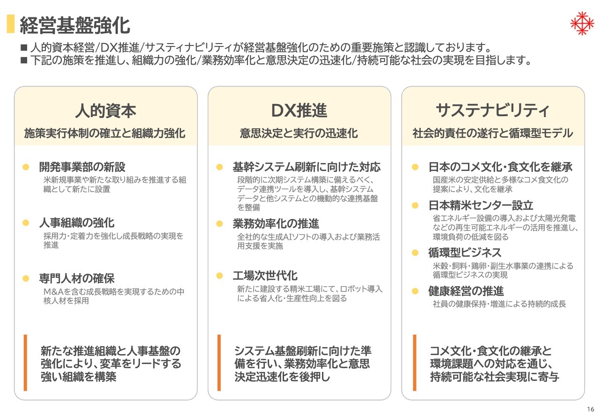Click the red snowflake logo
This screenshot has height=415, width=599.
pyautogui.click(x=582, y=23)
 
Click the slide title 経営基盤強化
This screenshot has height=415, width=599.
pyautogui.click(x=75, y=25)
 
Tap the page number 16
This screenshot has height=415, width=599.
pyautogui.click(x=591, y=409)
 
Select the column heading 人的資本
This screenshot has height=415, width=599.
pyautogui.click(x=106, y=111)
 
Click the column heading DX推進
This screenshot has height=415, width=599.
pyautogui.click(x=299, y=111)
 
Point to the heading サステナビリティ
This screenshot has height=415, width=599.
pyautogui.click(x=493, y=111)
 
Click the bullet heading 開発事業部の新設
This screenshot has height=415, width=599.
pyautogui.click(x=82, y=167)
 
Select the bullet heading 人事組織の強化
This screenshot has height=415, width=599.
pyautogui.click(x=77, y=223)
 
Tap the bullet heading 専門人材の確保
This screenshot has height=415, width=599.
pyautogui.click(x=77, y=278)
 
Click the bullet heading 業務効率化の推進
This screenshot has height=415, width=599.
pyautogui.click(x=276, y=223)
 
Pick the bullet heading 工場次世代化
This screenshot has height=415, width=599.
pyautogui.click(x=265, y=275)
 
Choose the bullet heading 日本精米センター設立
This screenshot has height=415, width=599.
pyautogui.click(x=481, y=205)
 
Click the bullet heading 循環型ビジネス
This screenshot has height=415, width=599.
pyautogui.click(x=465, y=252)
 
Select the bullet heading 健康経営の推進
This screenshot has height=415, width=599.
pyautogui.click(x=466, y=291)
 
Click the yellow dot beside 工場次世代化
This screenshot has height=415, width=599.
pyautogui.click(x=219, y=275)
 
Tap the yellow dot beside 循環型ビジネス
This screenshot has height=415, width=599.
pyautogui.click(x=415, y=252)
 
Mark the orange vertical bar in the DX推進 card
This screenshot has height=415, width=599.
pyautogui.click(x=219, y=363)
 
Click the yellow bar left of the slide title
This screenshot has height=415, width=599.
pyautogui.click(x=11, y=24)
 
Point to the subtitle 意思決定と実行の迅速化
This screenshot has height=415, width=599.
pyautogui.click(x=299, y=133)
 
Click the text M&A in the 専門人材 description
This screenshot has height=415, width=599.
pyautogui.click(x=53, y=291)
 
